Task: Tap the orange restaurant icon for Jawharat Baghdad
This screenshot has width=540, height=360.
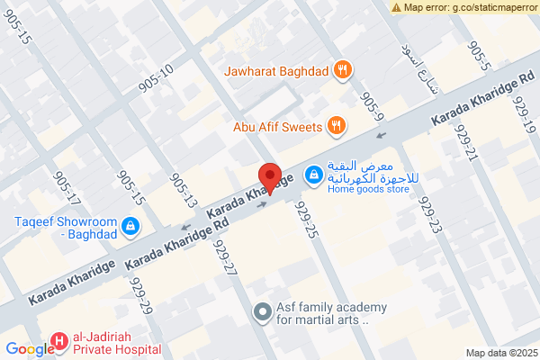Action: click(x=341, y=69)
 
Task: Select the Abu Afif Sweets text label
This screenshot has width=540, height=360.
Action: click(x=277, y=127)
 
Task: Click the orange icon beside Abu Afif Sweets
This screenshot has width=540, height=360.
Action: click(x=335, y=126)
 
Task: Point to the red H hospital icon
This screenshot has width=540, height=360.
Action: click(x=59, y=340)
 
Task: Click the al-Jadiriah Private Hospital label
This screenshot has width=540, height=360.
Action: click(x=116, y=342)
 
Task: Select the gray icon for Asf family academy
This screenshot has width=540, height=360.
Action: click(x=262, y=311)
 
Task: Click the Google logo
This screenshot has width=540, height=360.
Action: click(x=29, y=350)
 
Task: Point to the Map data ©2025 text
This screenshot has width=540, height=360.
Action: click(x=500, y=353)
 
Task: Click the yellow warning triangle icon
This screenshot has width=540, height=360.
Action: click(x=397, y=7)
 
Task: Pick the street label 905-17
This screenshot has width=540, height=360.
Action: click(x=67, y=188)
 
